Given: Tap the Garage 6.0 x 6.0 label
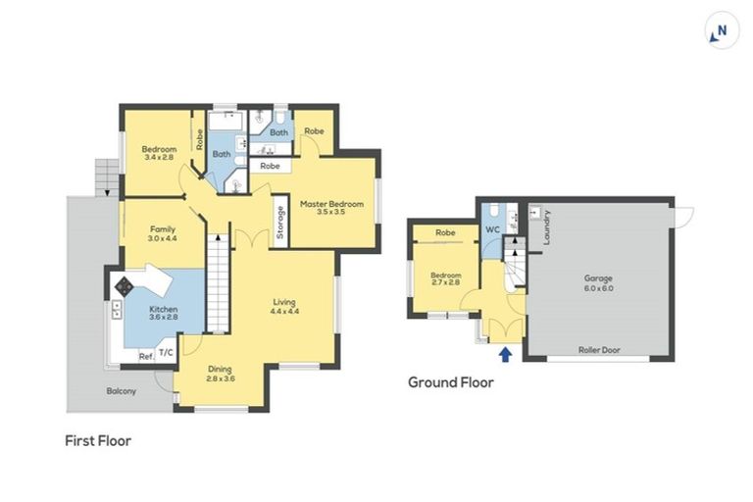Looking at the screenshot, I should [x=599, y=283].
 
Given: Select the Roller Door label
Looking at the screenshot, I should [x=598, y=348].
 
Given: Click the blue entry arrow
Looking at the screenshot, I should [x=506, y=354].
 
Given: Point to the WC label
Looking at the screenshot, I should [x=492, y=230].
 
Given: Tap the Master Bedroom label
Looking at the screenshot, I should [x=331, y=209].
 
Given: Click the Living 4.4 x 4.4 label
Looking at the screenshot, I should [x=284, y=306].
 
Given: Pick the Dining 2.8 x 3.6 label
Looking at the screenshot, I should [x=220, y=374].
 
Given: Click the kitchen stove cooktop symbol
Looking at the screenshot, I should [x=125, y=287].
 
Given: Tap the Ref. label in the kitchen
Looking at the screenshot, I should [x=145, y=355].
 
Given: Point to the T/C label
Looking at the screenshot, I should [x=166, y=353].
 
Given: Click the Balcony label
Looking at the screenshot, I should [x=123, y=391].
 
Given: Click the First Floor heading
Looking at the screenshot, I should [x=98, y=441].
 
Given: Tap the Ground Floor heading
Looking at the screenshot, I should [x=451, y=382].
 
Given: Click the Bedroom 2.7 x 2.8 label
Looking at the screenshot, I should [x=445, y=279].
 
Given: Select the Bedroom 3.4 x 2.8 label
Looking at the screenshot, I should [x=158, y=153].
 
